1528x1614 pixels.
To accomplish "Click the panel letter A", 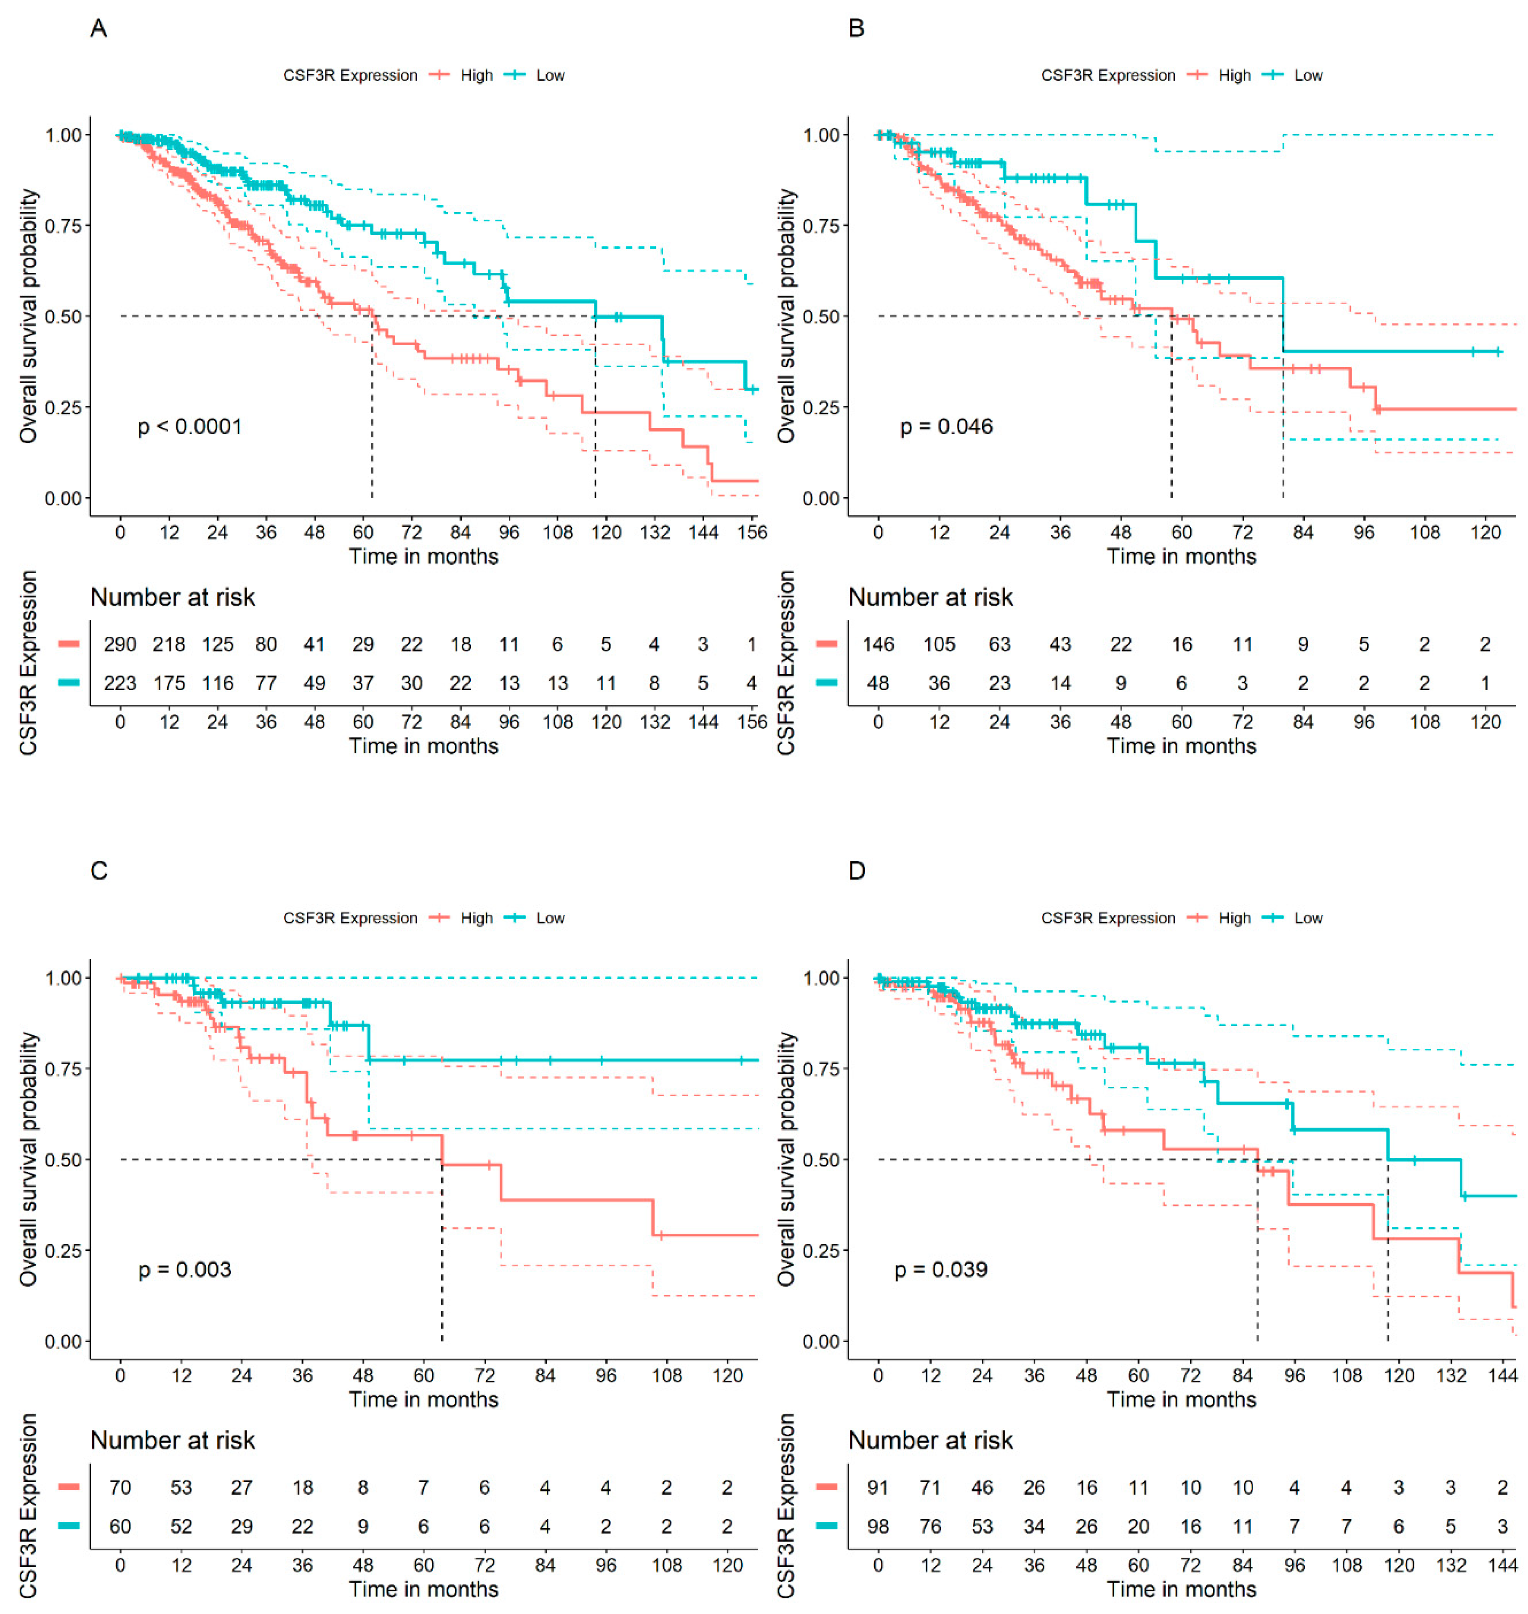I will [98, 29].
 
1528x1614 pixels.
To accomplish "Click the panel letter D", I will [856, 871].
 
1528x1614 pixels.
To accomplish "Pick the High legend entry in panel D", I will [1234, 918].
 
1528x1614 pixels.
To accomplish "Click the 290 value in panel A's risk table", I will [120, 644].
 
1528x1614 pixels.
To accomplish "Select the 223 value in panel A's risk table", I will [120, 683].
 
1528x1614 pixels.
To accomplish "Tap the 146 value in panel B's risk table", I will [878, 644].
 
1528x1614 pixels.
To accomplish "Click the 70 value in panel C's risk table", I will [120, 1488].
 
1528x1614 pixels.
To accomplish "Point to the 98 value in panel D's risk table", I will [878, 1526].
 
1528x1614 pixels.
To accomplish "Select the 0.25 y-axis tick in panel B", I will [821, 407].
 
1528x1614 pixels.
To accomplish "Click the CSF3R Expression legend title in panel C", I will [350, 918].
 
